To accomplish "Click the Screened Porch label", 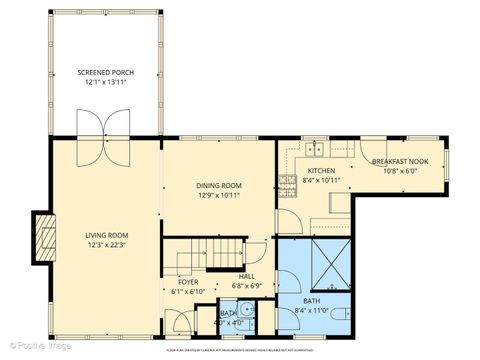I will pos(105,73).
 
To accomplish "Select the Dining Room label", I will pos(218,185).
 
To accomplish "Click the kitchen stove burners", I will pos(288,182).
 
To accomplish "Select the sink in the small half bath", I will pos(254,321).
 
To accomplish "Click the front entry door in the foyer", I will pos(181,323).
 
